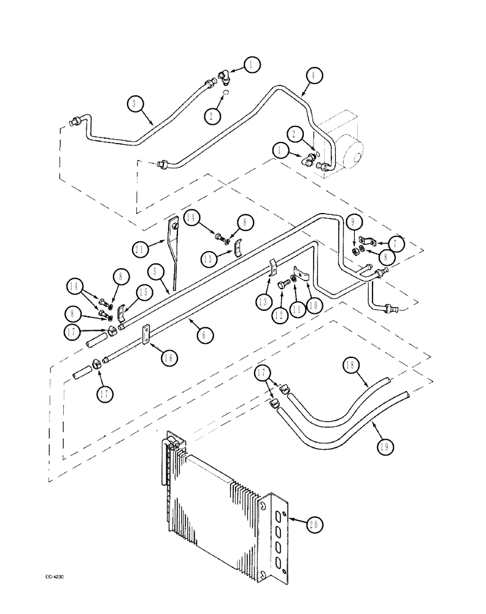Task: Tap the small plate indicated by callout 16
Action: point(148,335)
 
